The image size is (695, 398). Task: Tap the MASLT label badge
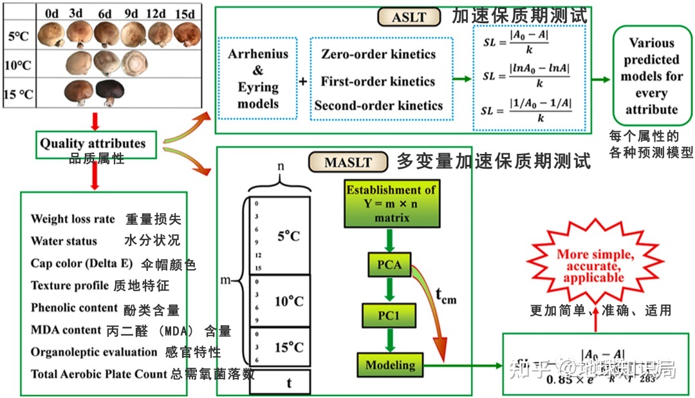(x=347, y=162)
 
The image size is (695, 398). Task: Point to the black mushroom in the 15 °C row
(x=109, y=92)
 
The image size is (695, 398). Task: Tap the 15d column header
(x=187, y=13)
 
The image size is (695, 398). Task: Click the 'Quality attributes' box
(x=93, y=144)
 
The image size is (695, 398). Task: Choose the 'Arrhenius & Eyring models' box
(x=257, y=79)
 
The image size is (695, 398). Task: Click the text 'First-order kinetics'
(x=378, y=81)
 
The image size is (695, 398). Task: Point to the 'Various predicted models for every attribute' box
(x=651, y=76)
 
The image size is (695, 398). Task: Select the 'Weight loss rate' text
(x=73, y=219)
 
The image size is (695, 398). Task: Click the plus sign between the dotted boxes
(x=302, y=82)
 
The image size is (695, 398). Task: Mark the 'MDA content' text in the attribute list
(x=66, y=330)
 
